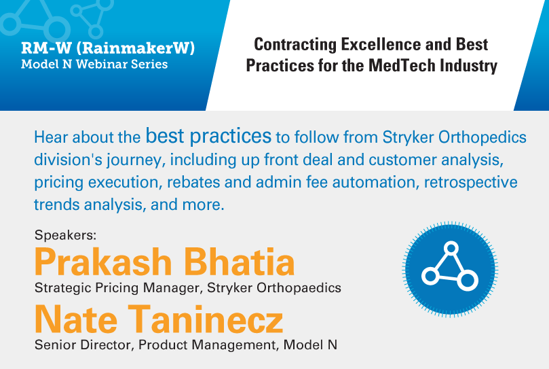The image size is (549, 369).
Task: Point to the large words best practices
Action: click(x=208, y=136)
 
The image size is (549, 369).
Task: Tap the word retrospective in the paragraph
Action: click(x=470, y=182)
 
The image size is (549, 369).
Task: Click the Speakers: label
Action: click(x=65, y=234)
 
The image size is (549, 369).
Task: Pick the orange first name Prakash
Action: click(x=103, y=262)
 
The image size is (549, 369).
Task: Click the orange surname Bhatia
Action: click(x=239, y=262)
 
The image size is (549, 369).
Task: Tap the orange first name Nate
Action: click(x=75, y=319)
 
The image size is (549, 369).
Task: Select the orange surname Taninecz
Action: click(x=205, y=319)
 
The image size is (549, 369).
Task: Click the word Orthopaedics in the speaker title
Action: click(x=299, y=288)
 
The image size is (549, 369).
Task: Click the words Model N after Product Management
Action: click(x=310, y=345)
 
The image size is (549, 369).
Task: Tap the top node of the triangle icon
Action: click(x=451, y=248)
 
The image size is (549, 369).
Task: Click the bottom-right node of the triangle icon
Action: click(x=468, y=280)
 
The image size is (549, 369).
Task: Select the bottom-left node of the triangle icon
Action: click(x=430, y=276)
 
